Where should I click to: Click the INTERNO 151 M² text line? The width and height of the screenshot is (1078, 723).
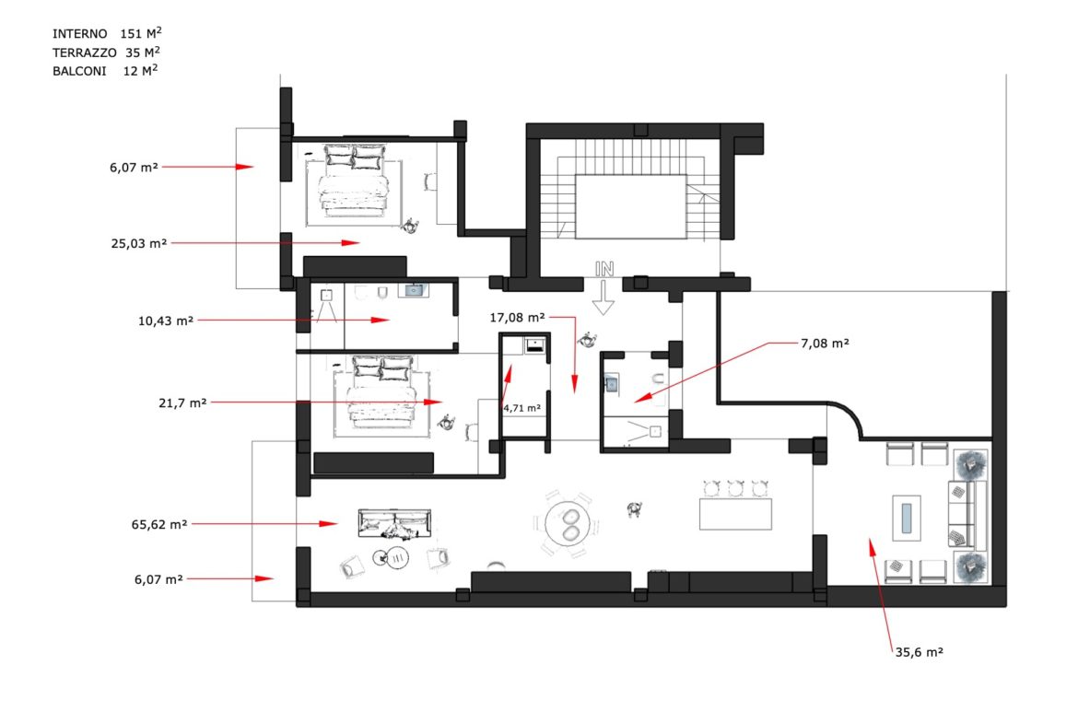(107, 33)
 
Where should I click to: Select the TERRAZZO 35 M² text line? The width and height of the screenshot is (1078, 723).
(107, 52)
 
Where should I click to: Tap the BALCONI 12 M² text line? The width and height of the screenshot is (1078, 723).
(105, 71)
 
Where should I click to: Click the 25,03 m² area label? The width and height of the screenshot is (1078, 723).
(139, 243)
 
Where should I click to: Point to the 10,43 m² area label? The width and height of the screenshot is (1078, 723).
(166, 321)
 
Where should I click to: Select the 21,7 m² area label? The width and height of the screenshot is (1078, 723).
(182, 402)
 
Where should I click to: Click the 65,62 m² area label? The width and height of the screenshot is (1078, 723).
(158, 524)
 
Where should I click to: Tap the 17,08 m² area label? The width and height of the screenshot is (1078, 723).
(517, 318)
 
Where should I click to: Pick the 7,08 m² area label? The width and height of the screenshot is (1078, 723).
(825, 343)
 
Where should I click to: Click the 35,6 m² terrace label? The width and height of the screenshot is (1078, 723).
(919, 652)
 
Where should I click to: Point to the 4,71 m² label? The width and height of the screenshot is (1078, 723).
(521, 408)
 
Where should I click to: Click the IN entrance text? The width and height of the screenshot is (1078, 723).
(604, 270)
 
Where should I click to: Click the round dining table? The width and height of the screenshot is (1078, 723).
(568, 523)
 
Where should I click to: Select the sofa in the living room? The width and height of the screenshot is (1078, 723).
(394, 523)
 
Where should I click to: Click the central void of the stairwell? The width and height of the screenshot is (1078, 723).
(630, 207)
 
